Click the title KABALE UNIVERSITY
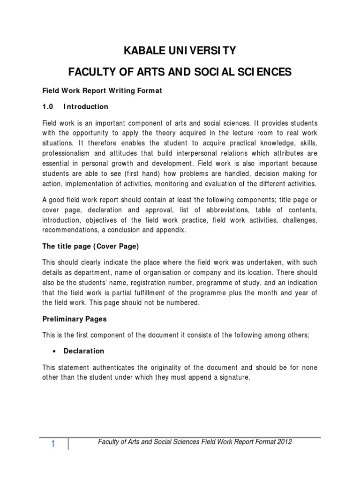(180, 50)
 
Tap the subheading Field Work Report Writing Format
(102, 91)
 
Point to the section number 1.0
(48, 107)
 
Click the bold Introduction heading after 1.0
(86, 107)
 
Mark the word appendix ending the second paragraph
(172, 230)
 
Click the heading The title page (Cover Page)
(90, 246)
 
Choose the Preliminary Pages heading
(75, 319)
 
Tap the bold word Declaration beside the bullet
(84, 351)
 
